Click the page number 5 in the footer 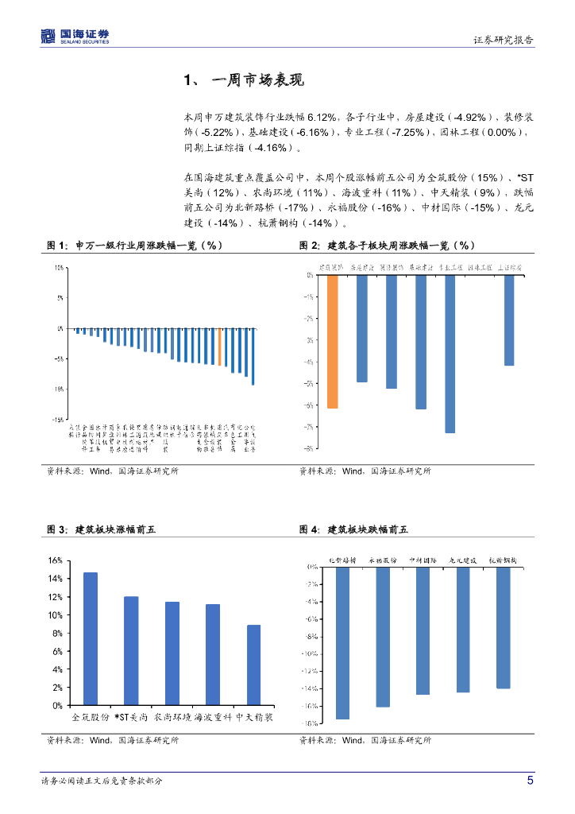click(530, 781)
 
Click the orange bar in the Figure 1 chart click(219, 347)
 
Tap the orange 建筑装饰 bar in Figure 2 click(332, 341)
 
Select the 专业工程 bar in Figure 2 click(450, 354)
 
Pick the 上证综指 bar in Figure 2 click(509, 320)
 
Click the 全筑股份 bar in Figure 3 click(91, 638)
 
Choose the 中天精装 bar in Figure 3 click(253, 665)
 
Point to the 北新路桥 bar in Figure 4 click(342, 642)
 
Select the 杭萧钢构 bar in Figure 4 click(503, 627)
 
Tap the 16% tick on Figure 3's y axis click(55, 560)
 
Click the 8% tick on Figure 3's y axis click(57, 633)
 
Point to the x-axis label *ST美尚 click(131, 717)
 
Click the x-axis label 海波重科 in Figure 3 click(213, 717)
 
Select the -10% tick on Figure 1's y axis click(60, 389)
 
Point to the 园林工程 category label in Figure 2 click(480, 269)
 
